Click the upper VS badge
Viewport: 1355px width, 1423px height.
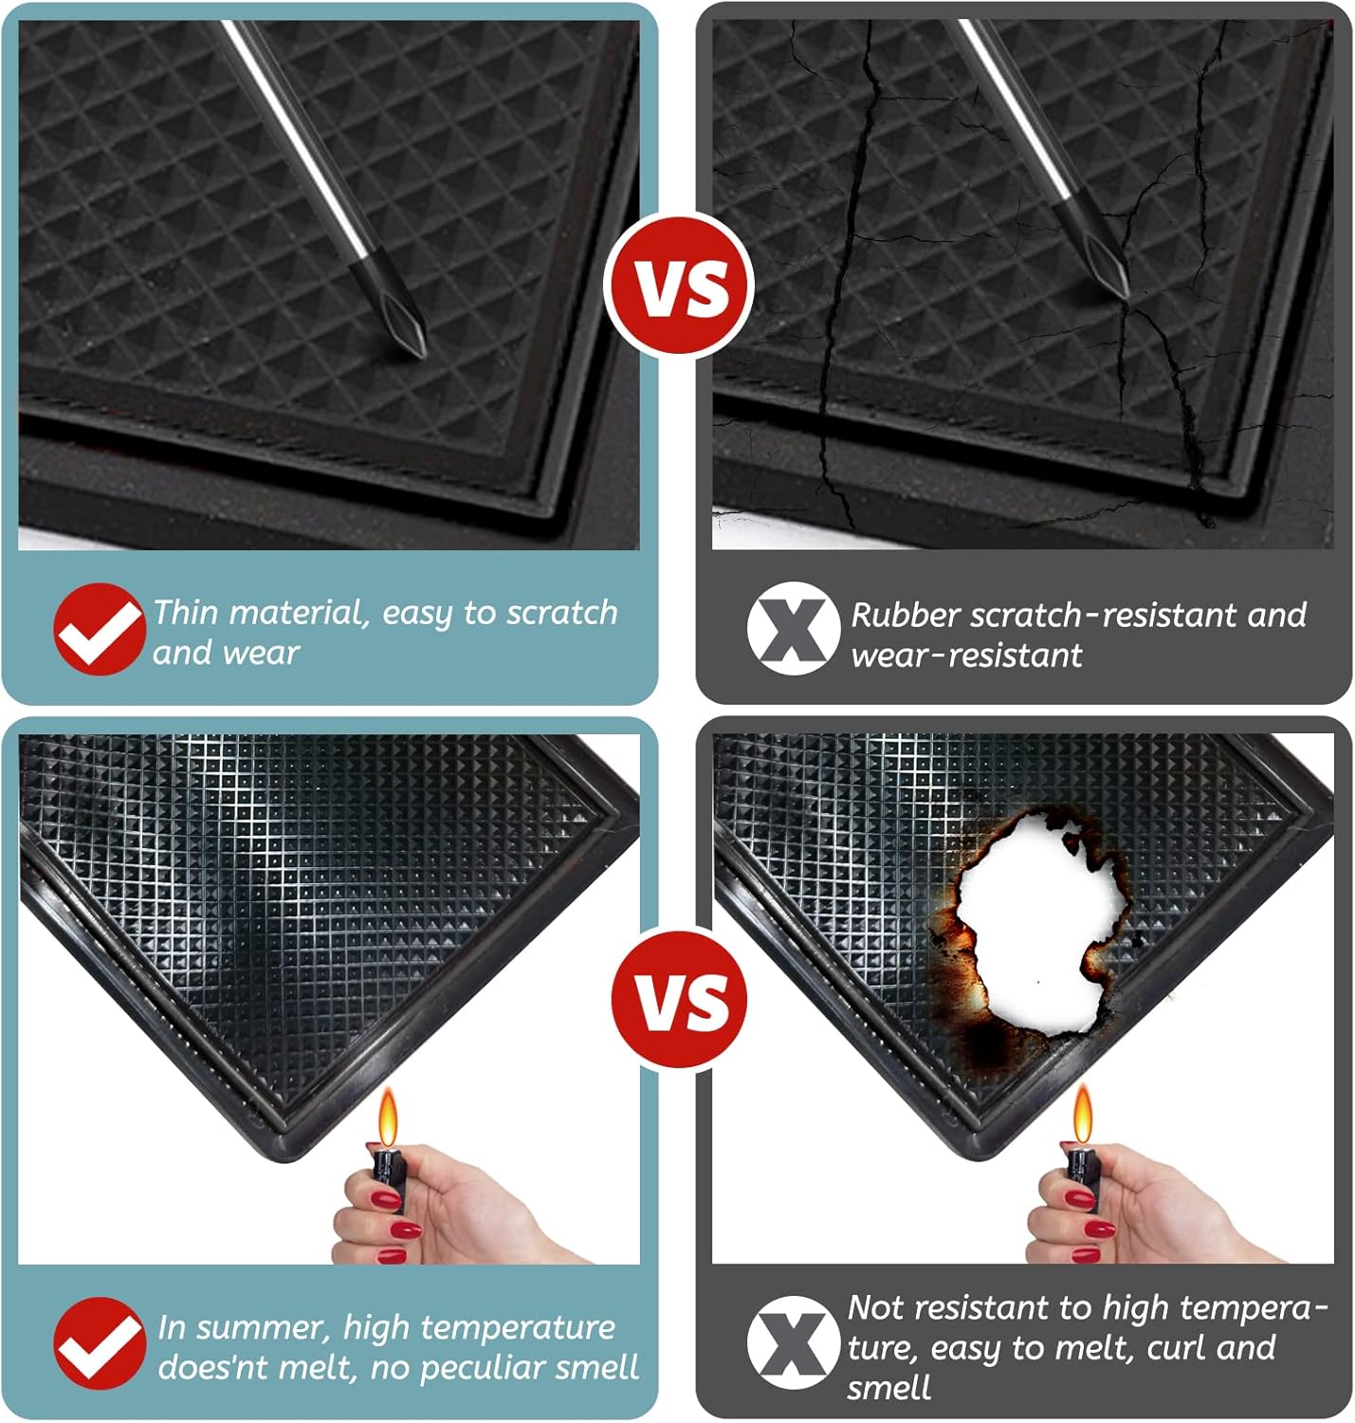[679, 286]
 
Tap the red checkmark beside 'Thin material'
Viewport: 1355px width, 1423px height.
[100, 629]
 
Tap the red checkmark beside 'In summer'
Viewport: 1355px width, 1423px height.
[100, 1343]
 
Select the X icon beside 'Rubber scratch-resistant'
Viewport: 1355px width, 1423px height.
[794, 628]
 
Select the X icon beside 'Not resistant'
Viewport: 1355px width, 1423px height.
[794, 1342]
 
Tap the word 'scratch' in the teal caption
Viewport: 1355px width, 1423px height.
[562, 614]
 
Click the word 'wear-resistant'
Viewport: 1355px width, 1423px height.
[966, 656]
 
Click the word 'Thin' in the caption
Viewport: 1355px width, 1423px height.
[186, 612]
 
